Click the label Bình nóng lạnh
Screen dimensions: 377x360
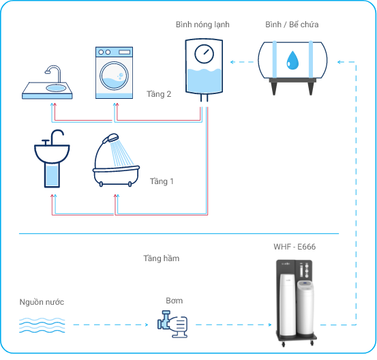click(x=202, y=25)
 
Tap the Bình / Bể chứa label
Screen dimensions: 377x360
click(x=292, y=25)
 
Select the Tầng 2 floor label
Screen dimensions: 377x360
click(x=159, y=94)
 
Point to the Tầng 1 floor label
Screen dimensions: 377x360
click(x=162, y=181)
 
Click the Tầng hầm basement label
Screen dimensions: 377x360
click(x=162, y=258)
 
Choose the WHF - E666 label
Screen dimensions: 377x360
click(x=295, y=247)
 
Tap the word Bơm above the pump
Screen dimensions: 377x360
click(x=175, y=301)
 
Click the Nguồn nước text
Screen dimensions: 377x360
click(x=42, y=302)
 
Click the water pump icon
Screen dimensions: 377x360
click(x=172, y=324)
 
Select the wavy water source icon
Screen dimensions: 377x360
click(x=42, y=325)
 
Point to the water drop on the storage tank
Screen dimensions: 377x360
click(x=292, y=60)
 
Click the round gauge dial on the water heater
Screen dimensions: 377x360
click(x=204, y=54)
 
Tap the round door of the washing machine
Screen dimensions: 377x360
click(x=115, y=76)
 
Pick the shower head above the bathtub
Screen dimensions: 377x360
click(x=110, y=138)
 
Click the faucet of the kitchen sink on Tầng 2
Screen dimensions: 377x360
click(x=53, y=72)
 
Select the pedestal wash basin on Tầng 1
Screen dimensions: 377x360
click(x=52, y=159)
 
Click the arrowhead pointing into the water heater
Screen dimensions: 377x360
click(x=232, y=62)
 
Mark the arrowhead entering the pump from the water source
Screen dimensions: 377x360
click(x=147, y=325)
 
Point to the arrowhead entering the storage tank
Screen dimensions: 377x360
click(x=340, y=62)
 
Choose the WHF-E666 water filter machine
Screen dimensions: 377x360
click(x=296, y=303)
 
